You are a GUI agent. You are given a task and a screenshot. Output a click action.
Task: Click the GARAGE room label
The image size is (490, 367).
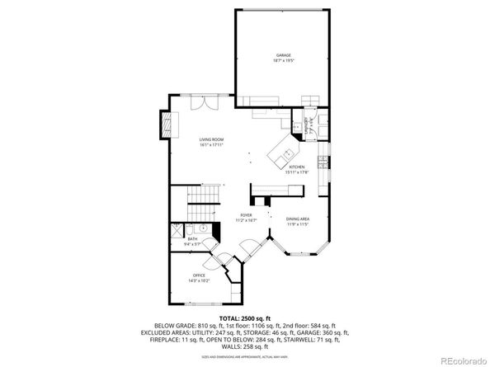point(284,55)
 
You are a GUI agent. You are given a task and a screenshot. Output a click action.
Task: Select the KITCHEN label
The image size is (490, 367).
point(297,167)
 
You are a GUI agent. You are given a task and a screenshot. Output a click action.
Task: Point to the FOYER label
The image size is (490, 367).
point(246,216)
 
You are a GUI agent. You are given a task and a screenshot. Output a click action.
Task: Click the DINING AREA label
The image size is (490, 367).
point(298,218)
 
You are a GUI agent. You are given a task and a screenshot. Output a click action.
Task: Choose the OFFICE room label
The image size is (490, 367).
point(199,275)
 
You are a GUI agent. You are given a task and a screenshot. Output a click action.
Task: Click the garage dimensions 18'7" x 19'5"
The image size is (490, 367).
point(284,61)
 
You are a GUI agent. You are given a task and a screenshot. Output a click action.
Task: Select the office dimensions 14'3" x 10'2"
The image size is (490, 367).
point(199,280)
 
